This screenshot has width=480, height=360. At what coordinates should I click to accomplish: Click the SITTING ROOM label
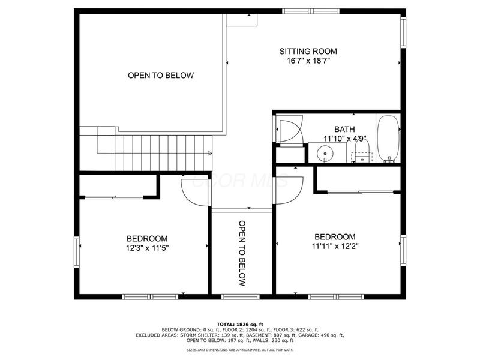point(308,52)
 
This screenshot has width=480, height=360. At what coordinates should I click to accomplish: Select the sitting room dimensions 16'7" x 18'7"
point(308,61)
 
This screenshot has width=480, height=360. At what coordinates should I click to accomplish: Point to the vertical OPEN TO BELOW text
point(242,253)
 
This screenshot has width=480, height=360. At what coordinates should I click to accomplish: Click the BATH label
point(344,129)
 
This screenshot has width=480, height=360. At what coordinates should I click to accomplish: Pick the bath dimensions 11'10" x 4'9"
point(344,138)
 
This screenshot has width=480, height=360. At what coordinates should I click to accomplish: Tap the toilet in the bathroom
point(361,154)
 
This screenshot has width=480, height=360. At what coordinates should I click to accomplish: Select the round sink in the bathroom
point(325,154)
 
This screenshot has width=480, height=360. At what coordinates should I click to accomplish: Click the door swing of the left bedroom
point(193,190)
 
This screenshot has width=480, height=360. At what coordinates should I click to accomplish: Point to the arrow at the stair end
point(209,154)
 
